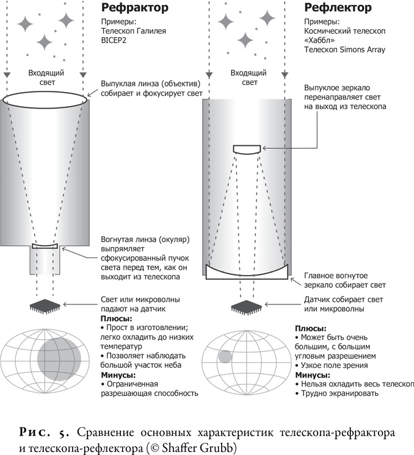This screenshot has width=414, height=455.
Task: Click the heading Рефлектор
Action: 337,9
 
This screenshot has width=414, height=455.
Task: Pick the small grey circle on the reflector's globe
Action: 224,357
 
